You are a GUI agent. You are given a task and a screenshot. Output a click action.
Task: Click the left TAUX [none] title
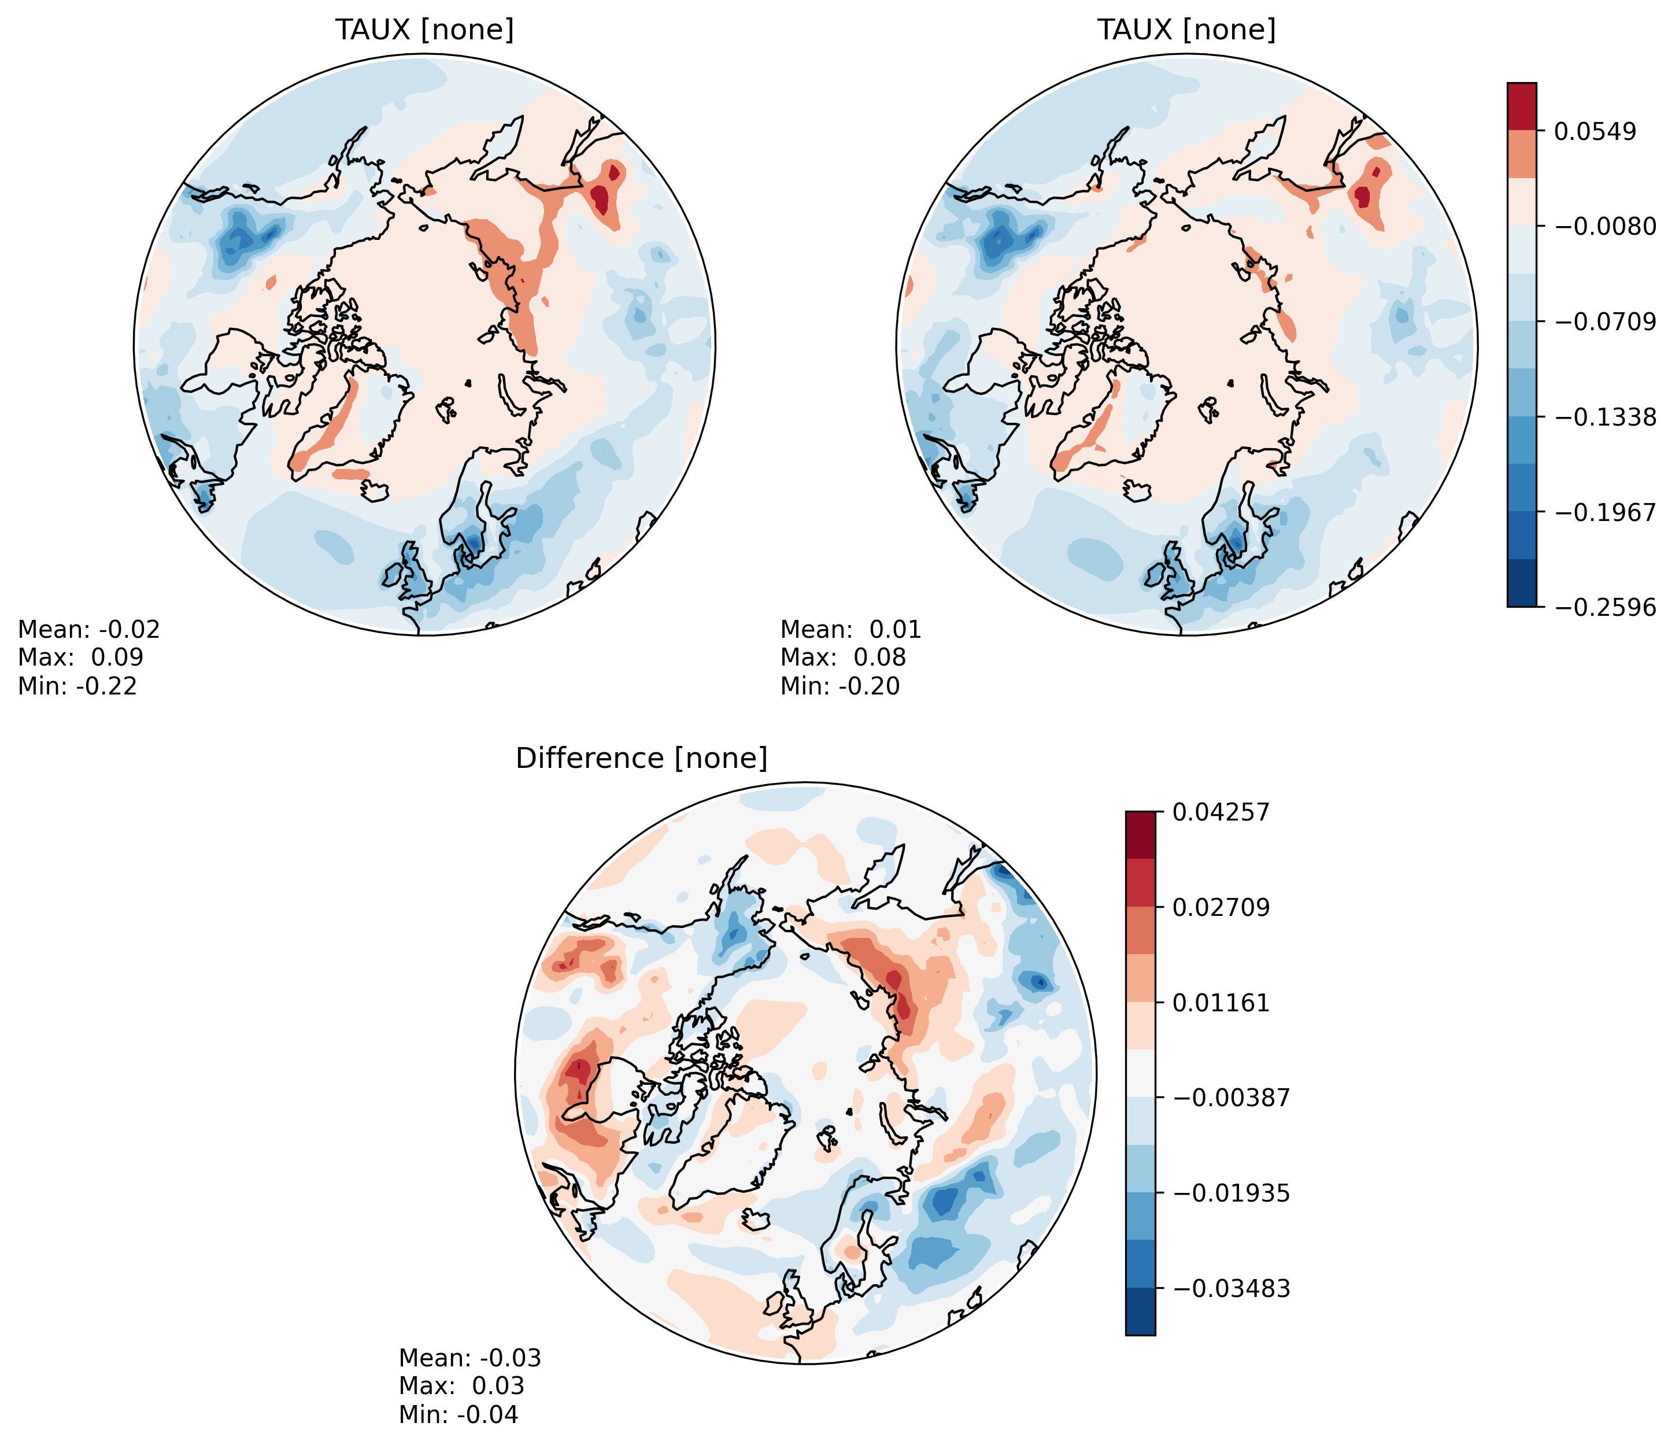click(424, 30)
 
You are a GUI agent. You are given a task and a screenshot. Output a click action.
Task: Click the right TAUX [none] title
click(1186, 30)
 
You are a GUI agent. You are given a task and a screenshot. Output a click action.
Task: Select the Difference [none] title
click(641, 759)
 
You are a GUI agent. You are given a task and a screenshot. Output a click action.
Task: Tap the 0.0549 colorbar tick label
click(1595, 131)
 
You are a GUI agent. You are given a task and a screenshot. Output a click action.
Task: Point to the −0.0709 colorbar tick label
click(1604, 322)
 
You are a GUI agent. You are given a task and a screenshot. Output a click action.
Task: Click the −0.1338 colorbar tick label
click(1604, 417)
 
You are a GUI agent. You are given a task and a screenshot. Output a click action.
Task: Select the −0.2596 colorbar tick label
click(1604, 607)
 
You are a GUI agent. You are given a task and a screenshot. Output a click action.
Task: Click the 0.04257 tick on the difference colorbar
click(1221, 812)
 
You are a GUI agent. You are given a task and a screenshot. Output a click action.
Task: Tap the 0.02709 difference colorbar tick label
click(1221, 907)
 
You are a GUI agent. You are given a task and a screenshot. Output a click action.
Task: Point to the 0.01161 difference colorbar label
click(1221, 1003)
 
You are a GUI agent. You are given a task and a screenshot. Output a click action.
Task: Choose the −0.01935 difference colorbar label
click(1230, 1193)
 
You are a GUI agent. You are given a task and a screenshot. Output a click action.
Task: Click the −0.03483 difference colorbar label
click(1230, 1288)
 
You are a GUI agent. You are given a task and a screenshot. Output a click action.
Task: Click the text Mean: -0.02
click(89, 630)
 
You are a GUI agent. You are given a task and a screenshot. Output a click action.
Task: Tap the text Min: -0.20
click(840, 686)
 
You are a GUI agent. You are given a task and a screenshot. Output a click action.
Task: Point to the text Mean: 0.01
click(851, 630)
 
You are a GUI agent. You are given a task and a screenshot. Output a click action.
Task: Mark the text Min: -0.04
click(459, 1414)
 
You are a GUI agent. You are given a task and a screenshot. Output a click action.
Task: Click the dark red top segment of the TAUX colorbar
click(1521, 106)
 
